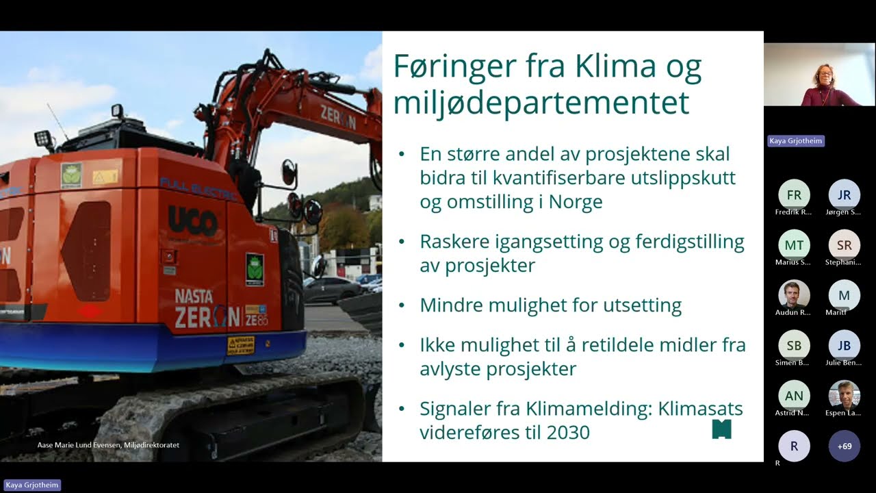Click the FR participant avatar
point(794,194)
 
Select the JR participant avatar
point(845,194)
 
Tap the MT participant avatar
point(794,245)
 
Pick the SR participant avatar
point(845,245)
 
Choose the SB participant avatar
point(794,346)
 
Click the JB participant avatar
point(845,346)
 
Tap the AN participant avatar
point(794,396)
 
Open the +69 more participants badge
point(845,446)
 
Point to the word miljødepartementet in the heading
point(541,103)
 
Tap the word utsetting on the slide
point(636,305)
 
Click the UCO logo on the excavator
point(193,221)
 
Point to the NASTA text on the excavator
point(194,296)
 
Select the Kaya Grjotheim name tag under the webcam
point(796,141)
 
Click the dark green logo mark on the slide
point(721,429)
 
